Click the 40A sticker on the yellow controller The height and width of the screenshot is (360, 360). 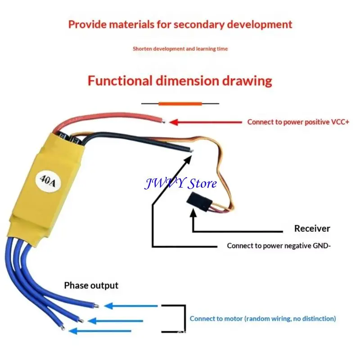[x=48, y=181]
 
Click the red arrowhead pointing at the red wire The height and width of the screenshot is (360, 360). [x=174, y=122]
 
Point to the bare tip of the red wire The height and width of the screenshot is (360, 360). [x=163, y=121]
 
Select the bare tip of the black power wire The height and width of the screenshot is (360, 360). [x=192, y=151]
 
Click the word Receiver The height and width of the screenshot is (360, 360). [x=312, y=229]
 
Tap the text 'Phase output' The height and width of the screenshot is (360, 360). [x=91, y=285]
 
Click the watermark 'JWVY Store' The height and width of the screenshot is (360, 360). [x=180, y=183]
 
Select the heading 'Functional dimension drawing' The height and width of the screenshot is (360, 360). [x=180, y=81]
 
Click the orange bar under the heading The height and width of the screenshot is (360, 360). [x=180, y=104]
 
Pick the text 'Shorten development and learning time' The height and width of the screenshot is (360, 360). [x=180, y=49]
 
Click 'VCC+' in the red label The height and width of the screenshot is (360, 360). [x=340, y=122]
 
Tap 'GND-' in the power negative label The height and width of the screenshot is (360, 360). [x=322, y=246]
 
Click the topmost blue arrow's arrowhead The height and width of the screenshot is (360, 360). [x=108, y=306]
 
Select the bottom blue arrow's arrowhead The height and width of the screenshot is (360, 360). [x=73, y=331]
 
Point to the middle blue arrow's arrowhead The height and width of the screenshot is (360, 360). [x=92, y=321]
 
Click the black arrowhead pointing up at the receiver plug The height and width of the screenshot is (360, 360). [x=193, y=213]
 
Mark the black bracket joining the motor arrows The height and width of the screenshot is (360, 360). [x=185, y=319]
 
